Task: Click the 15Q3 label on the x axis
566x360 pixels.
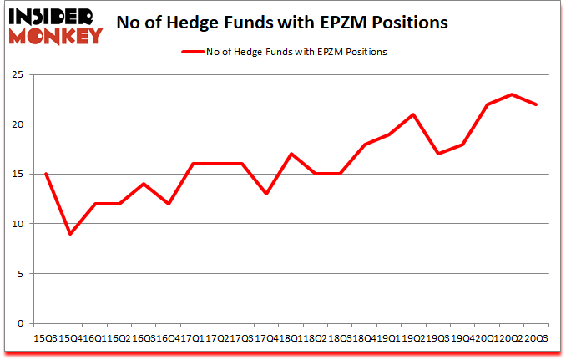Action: point(45,337)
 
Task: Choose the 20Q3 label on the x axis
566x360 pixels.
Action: point(536,337)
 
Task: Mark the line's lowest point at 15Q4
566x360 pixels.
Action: point(70,234)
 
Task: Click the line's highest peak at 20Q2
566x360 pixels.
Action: point(511,94)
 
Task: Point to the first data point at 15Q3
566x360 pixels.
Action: point(45,174)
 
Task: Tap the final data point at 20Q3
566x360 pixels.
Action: point(536,104)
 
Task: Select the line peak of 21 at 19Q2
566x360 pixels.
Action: point(413,114)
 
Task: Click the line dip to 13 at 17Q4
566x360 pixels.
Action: point(266,194)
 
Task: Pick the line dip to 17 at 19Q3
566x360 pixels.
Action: point(437,154)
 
